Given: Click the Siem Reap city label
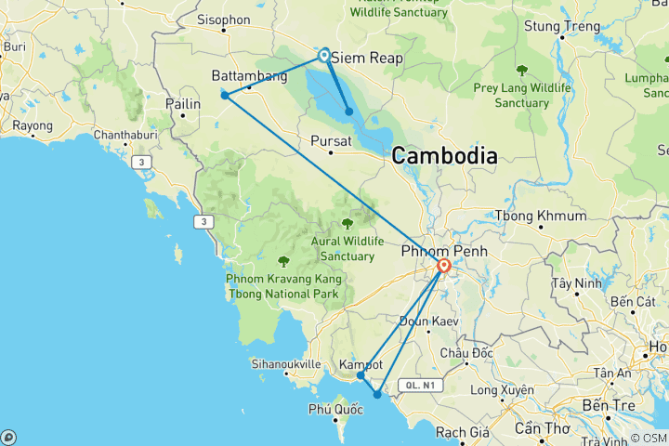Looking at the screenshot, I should click(367, 58).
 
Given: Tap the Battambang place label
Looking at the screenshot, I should click(249, 76).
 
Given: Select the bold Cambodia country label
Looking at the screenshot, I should click(444, 156).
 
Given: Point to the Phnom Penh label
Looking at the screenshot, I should click(439, 252).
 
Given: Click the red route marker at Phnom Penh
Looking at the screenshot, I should click(444, 267).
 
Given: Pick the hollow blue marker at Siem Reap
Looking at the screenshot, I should click(324, 55).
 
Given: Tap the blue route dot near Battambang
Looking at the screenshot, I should click(225, 95).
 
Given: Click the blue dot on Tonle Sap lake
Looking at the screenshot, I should click(349, 112).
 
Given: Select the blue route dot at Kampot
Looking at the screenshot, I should click(361, 375).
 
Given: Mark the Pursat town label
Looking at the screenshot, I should click(331, 142).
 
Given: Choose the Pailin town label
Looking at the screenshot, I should click(183, 105).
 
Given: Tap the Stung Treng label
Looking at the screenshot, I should click(562, 26).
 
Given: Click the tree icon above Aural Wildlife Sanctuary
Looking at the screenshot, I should click(348, 223).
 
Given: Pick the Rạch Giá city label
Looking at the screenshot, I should click(462, 432).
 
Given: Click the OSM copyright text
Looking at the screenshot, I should click(648, 438).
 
